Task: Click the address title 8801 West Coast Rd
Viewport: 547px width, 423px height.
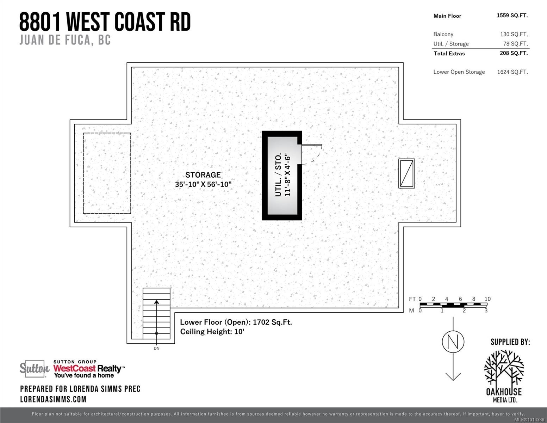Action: click(x=105, y=22)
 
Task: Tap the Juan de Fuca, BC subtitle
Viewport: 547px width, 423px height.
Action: click(x=65, y=40)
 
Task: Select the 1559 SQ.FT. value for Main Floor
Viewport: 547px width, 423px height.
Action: click(x=512, y=16)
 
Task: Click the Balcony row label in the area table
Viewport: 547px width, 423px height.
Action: click(x=443, y=34)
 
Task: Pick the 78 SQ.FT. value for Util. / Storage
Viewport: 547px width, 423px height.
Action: click(x=515, y=44)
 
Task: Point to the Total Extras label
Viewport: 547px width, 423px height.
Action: click(x=449, y=54)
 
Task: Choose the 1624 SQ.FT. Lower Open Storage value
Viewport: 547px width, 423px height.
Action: click(x=512, y=72)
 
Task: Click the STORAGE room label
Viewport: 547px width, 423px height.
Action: click(x=203, y=175)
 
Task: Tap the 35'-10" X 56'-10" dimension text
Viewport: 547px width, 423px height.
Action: click(x=203, y=184)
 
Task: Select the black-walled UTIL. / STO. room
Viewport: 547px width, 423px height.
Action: click(x=282, y=175)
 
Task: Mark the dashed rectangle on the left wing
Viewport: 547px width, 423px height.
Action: click(x=107, y=173)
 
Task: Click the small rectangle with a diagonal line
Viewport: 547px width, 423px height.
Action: click(x=406, y=173)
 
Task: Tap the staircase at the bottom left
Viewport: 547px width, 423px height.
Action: click(x=156, y=313)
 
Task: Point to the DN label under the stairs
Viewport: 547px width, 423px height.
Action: click(x=156, y=348)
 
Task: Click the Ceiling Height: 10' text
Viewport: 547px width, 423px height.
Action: click(x=212, y=332)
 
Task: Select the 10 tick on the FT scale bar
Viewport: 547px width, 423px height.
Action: click(x=487, y=299)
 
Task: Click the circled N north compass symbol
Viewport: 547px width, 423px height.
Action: click(x=453, y=341)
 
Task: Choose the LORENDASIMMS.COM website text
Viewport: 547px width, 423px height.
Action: click(x=53, y=399)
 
